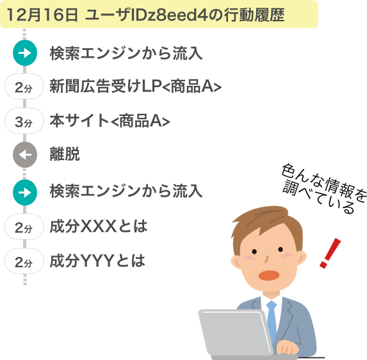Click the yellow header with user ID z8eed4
point(159,14)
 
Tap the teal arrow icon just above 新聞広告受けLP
point(25,53)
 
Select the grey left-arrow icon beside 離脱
point(25,154)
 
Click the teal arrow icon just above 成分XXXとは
point(25,192)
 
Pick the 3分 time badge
point(24,121)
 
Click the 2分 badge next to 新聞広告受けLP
point(24,86)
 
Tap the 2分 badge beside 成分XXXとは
point(24,227)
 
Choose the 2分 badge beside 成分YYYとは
point(24,261)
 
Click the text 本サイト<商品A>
point(110,121)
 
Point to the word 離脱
point(65,154)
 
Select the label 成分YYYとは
point(97,261)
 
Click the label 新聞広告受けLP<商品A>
point(136,86)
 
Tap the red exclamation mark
point(330,253)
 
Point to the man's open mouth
point(269,275)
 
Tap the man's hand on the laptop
point(287,347)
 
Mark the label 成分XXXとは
point(99,226)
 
